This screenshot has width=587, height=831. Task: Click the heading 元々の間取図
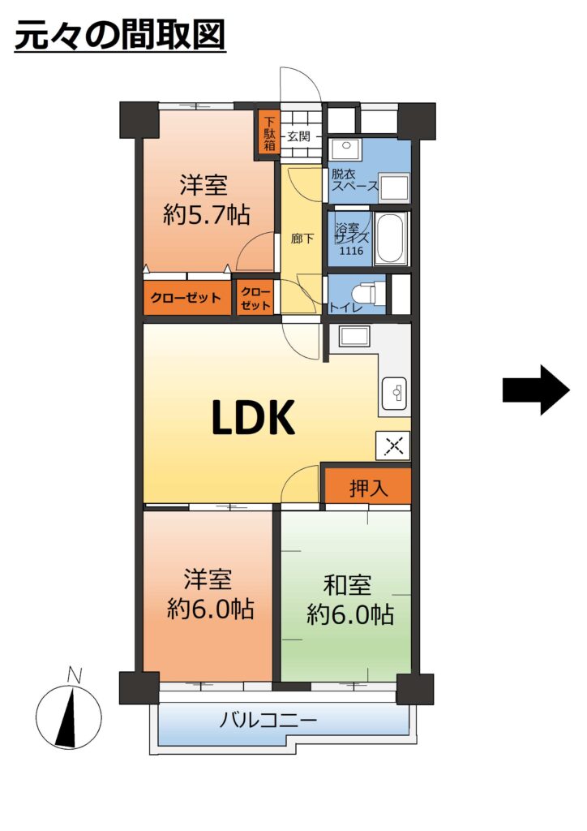[120, 35]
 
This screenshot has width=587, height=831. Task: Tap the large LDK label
[253, 418]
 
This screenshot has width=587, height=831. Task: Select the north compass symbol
[69, 717]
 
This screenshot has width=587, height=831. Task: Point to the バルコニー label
[268, 720]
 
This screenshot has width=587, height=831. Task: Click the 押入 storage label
[368, 489]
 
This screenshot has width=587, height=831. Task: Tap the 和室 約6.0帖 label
[350, 600]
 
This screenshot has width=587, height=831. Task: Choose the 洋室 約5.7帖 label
[206, 200]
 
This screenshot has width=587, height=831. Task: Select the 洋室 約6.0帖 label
[210, 595]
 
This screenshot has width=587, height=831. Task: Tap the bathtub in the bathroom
[391, 238]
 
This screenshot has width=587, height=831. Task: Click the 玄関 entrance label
[298, 136]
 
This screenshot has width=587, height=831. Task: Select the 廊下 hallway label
[302, 239]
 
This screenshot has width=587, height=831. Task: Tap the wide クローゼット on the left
[186, 298]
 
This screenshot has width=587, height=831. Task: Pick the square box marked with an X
[393, 446]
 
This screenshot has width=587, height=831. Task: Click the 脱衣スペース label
[353, 179]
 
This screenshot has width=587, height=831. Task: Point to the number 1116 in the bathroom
[351, 251]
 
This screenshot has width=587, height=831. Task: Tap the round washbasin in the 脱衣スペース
[346, 144]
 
